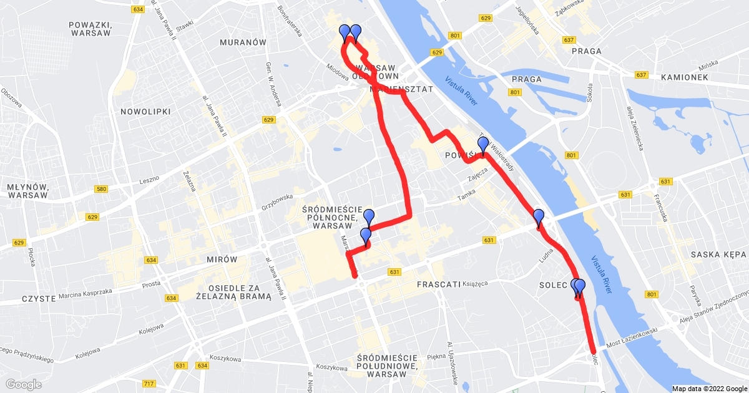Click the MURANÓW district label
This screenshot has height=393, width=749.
(243, 42)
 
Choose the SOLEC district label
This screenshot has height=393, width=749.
(552, 284)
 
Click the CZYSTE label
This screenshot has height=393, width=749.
(38, 299)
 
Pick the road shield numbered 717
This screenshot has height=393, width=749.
(149, 383)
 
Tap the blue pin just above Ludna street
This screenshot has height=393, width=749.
(539, 218)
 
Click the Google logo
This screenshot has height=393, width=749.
(23, 384)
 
